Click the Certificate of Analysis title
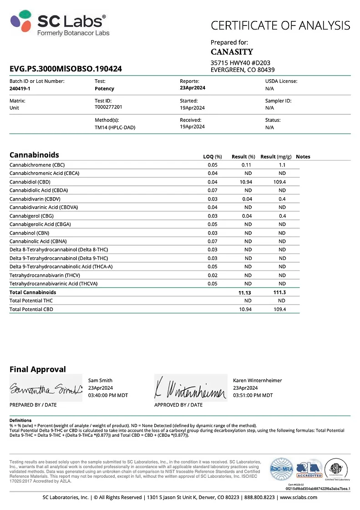tap(280, 25)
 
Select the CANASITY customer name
tap(232, 52)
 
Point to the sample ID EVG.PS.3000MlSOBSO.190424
tap(66, 69)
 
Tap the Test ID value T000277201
tap(108, 107)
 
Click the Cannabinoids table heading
tap(34, 155)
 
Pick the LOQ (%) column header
tap(212, 157)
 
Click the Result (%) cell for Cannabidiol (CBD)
tap(245, 182)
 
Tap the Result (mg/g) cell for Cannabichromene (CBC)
tap(282, 165)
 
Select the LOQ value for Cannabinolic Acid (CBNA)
tap(212, 241)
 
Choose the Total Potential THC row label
tap(31, 301)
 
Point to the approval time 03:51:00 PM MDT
tap(253, 395)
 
